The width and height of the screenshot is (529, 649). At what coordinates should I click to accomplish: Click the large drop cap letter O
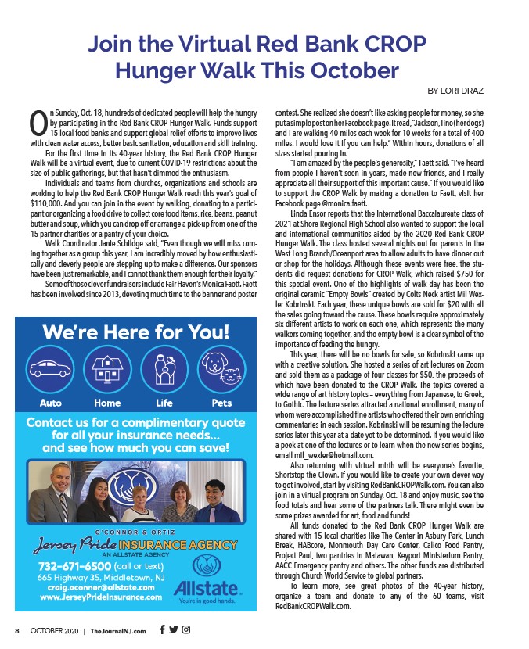38,122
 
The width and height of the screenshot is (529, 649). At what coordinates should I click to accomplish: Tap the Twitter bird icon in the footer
173,629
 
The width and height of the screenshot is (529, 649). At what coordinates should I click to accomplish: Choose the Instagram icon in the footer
185,629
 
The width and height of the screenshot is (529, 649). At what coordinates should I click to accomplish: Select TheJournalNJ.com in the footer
118,630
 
